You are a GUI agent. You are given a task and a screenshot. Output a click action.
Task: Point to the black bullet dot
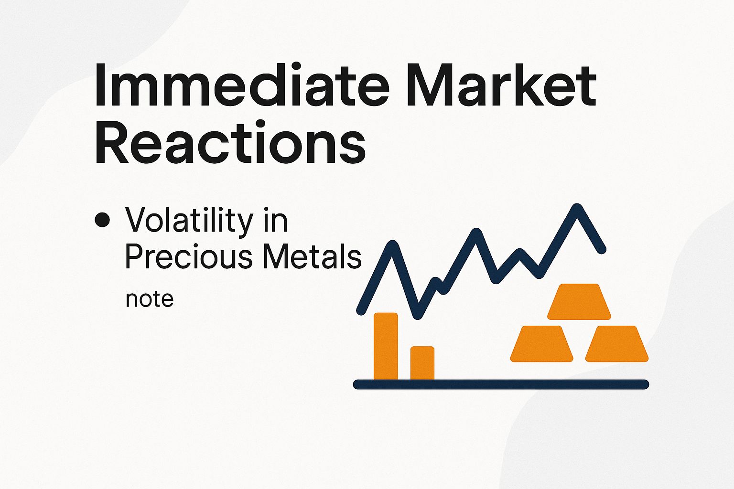102,220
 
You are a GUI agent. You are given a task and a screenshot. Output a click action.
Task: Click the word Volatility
189,221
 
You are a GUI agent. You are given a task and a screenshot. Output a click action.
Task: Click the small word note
149,299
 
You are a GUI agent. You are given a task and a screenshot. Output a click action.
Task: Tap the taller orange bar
386,346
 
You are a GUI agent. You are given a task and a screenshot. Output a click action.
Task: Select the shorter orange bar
422,362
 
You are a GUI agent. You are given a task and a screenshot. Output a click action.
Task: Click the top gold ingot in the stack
579,301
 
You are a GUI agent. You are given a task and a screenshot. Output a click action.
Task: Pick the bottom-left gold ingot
541,343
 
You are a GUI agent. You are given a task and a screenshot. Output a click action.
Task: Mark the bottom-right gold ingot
616,343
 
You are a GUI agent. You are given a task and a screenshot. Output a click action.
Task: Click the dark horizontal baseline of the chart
501,384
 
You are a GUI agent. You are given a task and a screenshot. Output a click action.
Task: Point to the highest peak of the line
578,208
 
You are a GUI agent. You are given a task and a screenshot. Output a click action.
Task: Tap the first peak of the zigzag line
392,244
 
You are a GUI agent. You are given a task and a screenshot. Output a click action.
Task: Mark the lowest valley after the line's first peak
417,313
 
